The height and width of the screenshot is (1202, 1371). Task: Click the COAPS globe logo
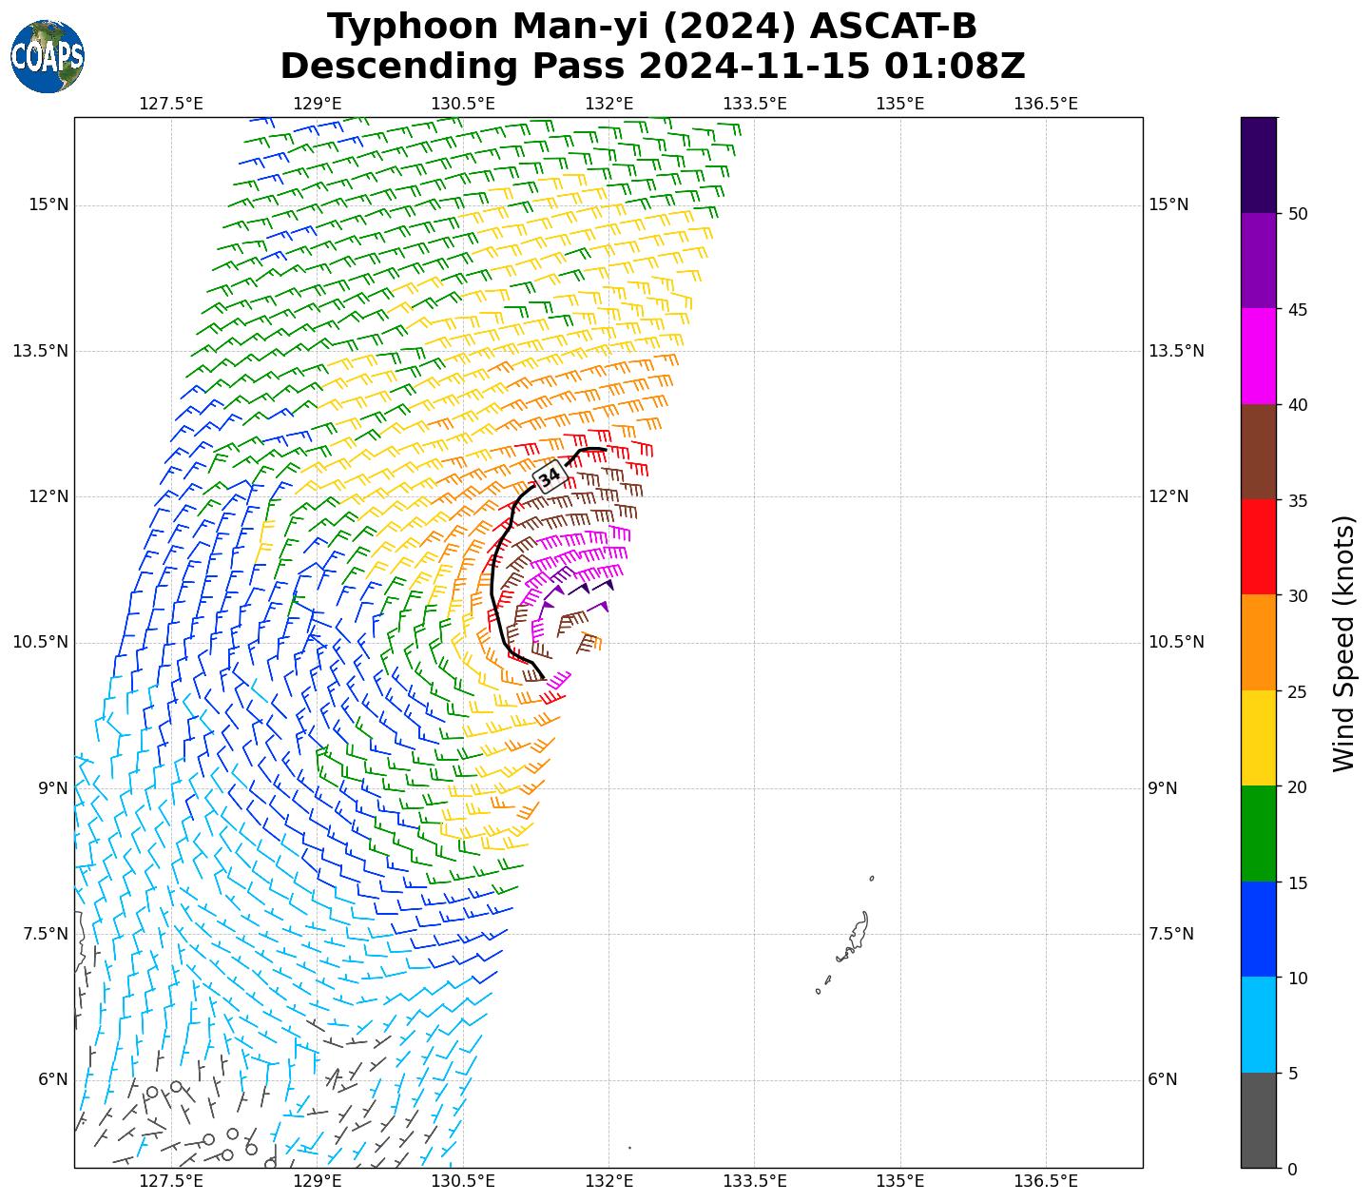pos(48,56)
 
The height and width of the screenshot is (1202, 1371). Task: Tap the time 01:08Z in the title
pos(955,67)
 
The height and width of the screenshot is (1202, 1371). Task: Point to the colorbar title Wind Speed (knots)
pos(1343,644)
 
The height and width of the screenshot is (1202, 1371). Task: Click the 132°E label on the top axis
pos(609,103)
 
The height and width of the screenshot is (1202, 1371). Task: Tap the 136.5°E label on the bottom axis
pos(1046,1181)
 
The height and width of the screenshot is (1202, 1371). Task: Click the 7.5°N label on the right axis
pos(1171,934)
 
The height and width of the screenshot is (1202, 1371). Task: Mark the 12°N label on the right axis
pos(1168,496)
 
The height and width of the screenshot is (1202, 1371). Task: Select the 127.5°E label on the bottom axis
pos(171,1181)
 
